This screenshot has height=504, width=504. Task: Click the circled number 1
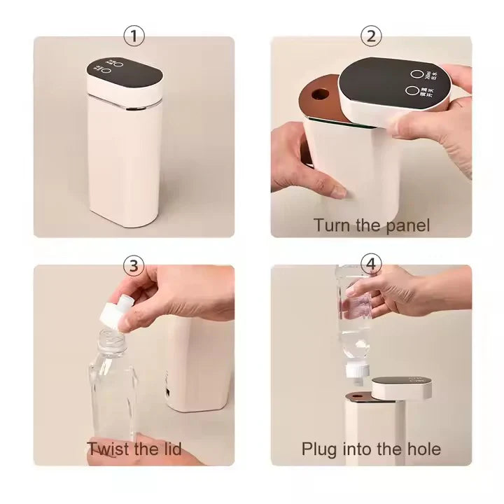133,36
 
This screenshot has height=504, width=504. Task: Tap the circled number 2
370,36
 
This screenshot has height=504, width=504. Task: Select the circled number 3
133,265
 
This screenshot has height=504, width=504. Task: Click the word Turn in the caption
330,225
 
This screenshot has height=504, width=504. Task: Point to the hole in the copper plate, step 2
323,92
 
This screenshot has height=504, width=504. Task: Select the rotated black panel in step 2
392,83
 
